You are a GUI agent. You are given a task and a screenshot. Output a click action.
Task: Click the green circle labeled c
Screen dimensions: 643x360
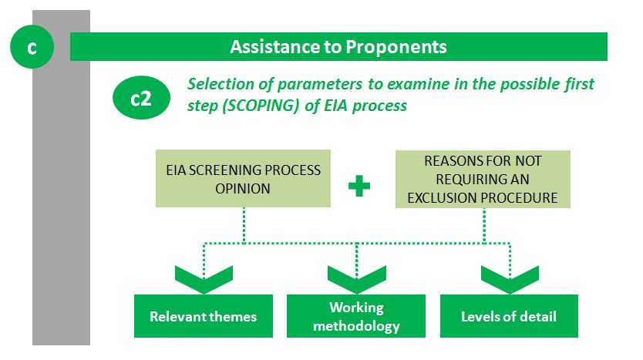(32, 47)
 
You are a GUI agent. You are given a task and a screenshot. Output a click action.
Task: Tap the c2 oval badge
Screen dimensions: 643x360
(142, 98)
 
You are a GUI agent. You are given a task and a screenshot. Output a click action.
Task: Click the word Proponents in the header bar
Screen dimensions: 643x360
(396, 47)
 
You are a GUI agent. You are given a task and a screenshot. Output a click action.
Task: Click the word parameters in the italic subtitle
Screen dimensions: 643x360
(320, 85)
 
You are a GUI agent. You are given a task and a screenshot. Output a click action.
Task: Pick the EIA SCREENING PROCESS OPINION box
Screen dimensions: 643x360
(243, 178)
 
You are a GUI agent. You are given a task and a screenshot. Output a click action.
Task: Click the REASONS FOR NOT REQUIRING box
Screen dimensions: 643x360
(483, 179)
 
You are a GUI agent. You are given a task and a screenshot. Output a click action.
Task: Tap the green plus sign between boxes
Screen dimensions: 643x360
(359, 186)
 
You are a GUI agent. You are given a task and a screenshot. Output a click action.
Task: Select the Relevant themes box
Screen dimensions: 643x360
(204, 316)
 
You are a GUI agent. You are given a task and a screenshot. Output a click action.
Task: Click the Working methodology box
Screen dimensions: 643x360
(356, 316)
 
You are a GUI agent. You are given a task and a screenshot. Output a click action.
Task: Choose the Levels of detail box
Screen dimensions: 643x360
(509, 316)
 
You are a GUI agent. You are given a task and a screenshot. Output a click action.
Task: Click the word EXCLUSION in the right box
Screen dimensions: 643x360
(443, 197)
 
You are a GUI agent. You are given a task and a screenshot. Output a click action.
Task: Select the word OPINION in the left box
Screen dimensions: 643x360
(243, 189)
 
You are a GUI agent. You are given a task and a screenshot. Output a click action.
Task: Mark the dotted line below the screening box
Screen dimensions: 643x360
(244, 225)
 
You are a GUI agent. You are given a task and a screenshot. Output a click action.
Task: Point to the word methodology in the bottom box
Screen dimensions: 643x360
(356, 326)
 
